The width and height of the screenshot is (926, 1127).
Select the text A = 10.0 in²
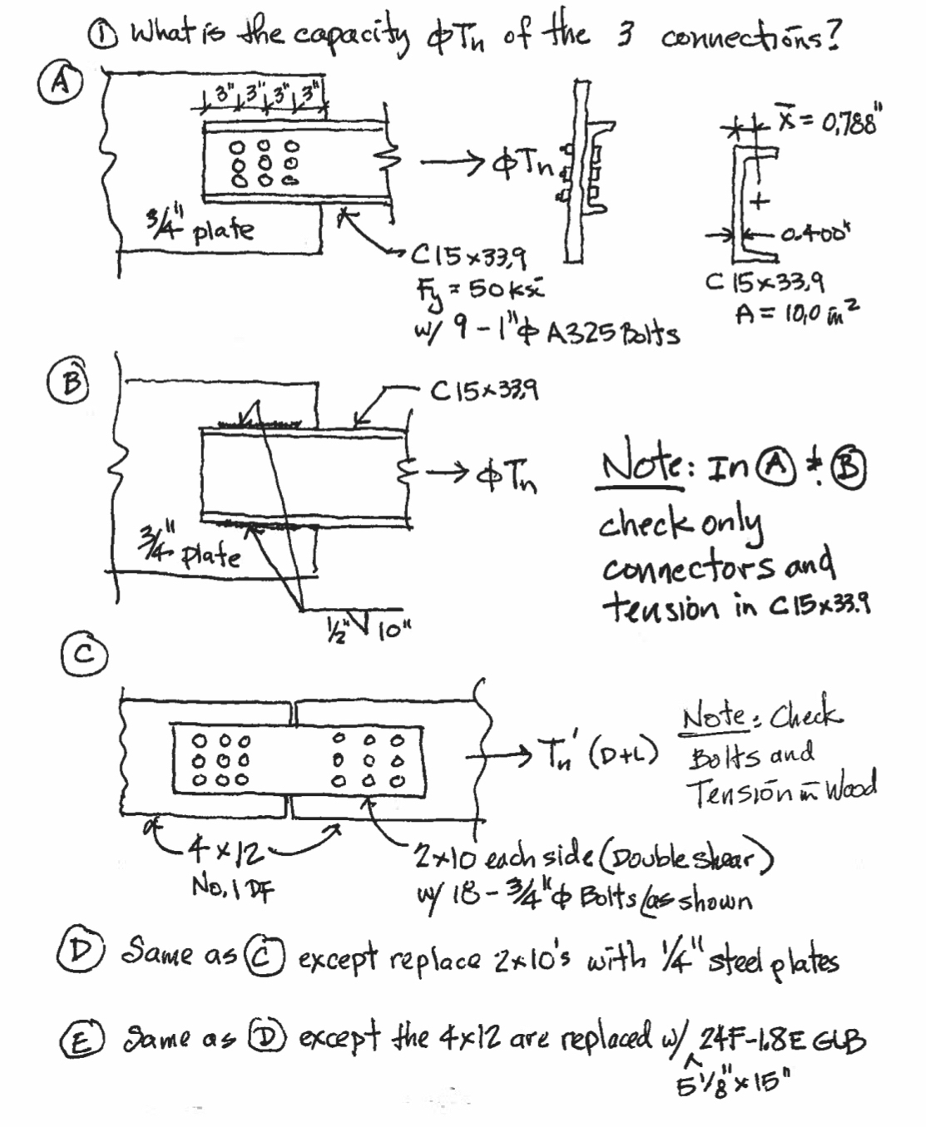795,313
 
